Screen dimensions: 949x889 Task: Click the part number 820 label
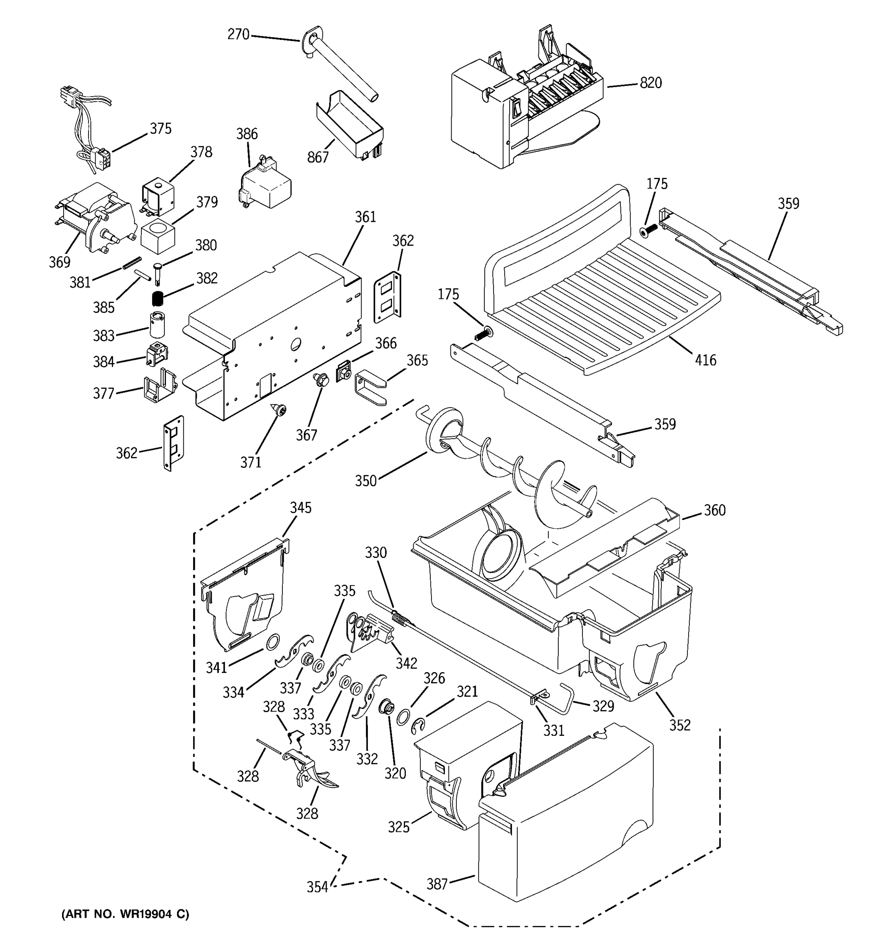650,83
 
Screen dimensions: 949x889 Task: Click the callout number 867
318,157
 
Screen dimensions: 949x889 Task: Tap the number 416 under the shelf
705,360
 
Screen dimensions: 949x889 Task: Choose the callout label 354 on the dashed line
317,887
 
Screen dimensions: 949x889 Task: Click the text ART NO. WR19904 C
125,914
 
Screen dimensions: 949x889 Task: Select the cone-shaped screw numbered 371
278,410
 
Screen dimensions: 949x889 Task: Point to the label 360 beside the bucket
714,510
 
